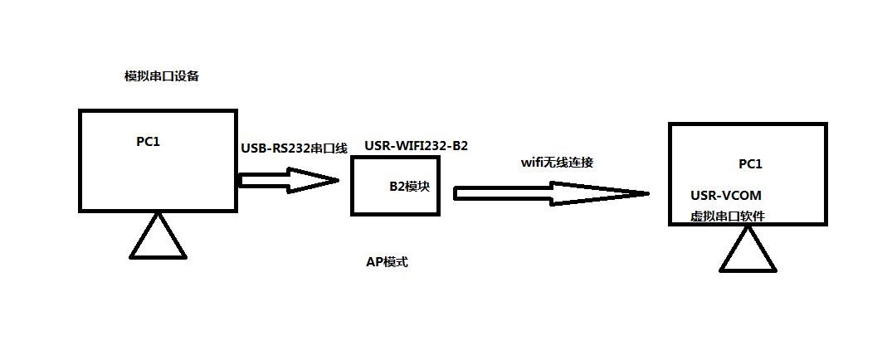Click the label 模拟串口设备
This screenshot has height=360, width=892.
pos(161,76)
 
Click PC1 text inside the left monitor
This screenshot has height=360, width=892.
pos(148,141)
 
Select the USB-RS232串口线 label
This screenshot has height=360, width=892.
pos(294,148)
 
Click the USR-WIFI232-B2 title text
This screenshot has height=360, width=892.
pos(416,146)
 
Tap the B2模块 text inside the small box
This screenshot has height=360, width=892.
pos(410,186)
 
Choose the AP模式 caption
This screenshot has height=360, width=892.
pos(387,262)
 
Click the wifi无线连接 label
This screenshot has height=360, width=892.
pos(557,162)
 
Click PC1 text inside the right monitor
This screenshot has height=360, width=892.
pos(749,164)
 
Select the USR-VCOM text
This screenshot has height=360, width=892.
pos(725,196)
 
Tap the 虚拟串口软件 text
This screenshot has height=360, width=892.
pos(727,216)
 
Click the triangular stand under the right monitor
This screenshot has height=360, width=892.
pos(748,253)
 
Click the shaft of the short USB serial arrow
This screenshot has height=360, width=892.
pos(262,180)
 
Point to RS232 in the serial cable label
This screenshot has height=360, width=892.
pos(288,148)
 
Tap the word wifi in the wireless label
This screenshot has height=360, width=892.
pos(531,162)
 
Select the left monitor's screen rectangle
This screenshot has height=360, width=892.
pos(158,178)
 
